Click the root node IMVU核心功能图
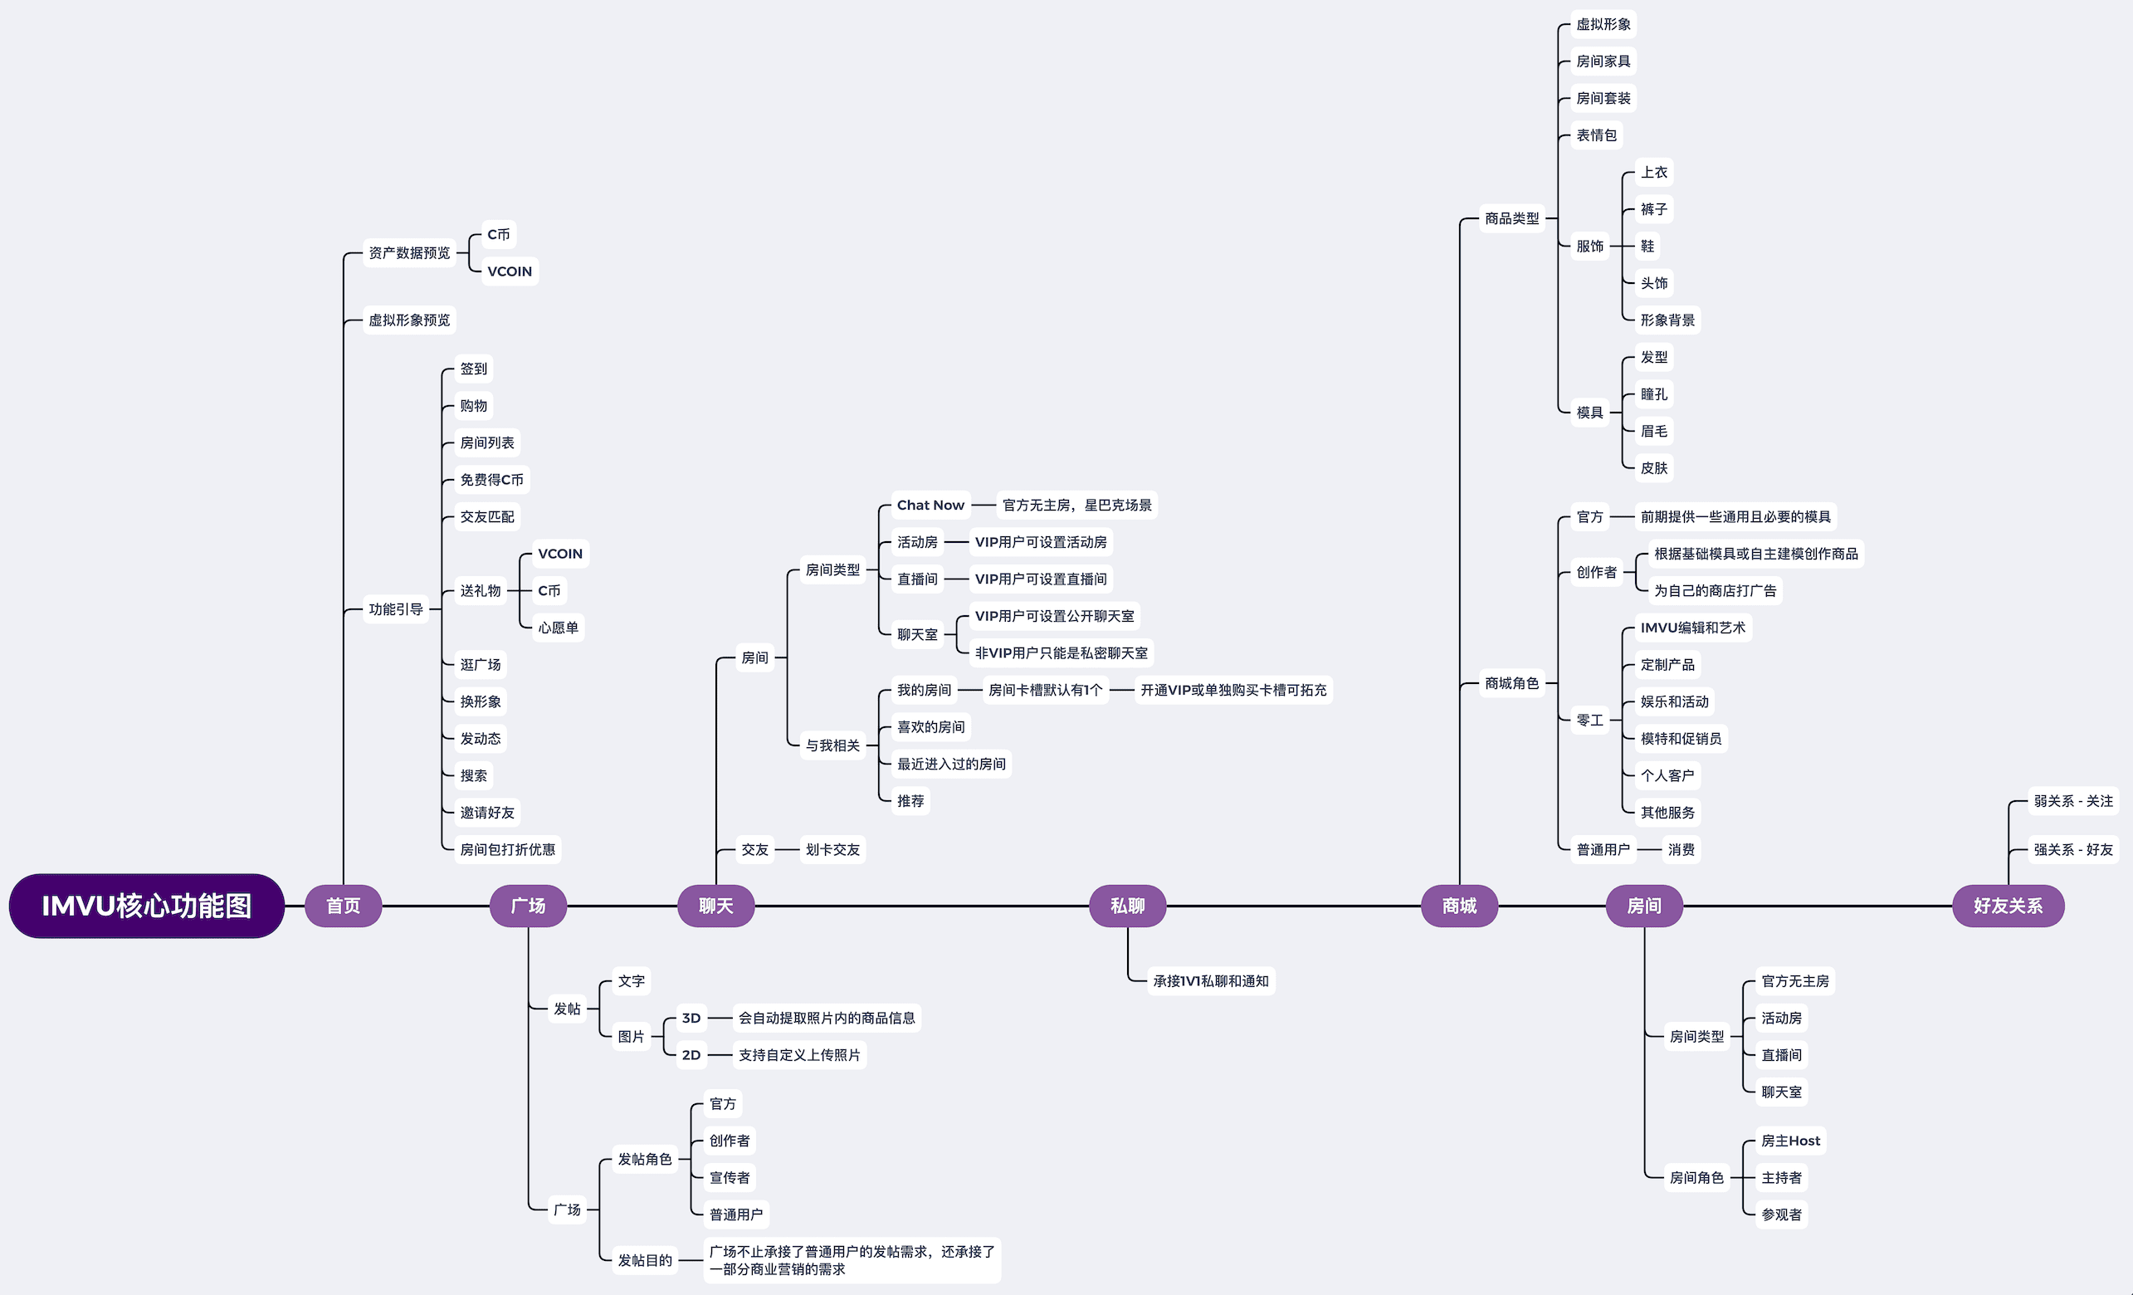click(x=146, y=906)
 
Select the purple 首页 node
click(x=343, y=906)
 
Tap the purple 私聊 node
click(x=1127, y=906)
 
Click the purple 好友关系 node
click(x=2008, y=906)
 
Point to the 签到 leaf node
click(x=474, y=369)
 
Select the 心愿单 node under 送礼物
click(x=559, y=628)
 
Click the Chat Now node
click(x=930, y=505)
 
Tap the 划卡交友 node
click(x=832, y=850)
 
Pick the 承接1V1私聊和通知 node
click(x=1210, y=980)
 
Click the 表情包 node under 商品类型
click(x=1596, y=135)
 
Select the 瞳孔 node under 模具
click(x=1653, y=393)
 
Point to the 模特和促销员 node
click(x=1681, y=738)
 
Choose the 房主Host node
click(x=1790, y=1141)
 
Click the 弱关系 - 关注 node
click(x=2073, y=801)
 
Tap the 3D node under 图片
click(x=691, y=1018)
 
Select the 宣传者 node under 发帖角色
click(x=730, y=1177)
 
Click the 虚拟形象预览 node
click(x=409, y=320)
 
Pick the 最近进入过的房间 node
click(x=951, y=764)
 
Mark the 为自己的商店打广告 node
click(x=1715, y=590)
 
